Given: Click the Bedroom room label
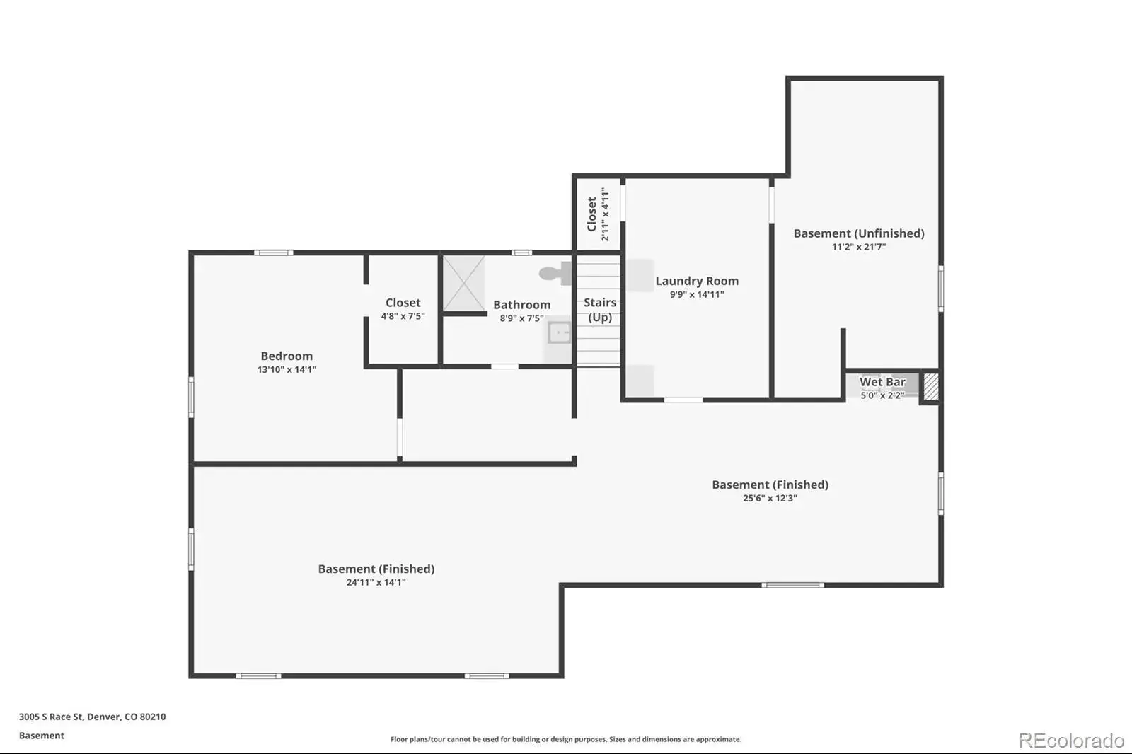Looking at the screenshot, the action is [x=287, y=356].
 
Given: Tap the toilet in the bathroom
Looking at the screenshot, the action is [x=555, y=274].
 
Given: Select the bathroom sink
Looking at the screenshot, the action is [x=560, y=333].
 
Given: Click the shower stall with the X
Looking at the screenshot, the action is [x=464, y=284].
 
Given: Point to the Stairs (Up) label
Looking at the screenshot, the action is [x=600, y=310].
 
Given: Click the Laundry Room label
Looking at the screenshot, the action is [x=697, y=281].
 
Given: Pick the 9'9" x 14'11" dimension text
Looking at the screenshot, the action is [x=697, y=295].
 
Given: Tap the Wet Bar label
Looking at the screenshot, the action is [x=882, y=381].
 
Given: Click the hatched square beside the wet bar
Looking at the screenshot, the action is [x=931, y=387].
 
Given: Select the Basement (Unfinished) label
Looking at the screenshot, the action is [x=859, y=233].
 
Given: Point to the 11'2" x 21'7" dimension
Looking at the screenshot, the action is [x=859, y=247].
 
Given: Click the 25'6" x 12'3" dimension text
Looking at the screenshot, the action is [x=770, y=498].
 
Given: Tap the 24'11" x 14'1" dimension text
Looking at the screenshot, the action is [x=376, y=582].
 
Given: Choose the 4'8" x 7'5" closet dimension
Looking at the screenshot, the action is [x=403, y=316].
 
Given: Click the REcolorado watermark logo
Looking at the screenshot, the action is [x=1071, y=741].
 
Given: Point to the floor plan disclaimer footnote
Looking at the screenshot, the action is [x=566, y=739].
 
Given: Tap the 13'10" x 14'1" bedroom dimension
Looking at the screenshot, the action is [x=287, y=369].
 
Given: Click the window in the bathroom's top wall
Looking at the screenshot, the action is [x=521, y=253].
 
